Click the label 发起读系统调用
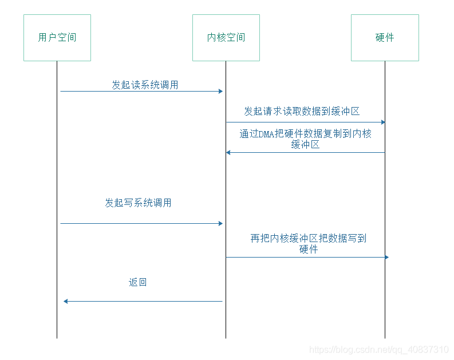[145, 85]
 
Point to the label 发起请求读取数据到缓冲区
[302, 111]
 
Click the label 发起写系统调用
[138, 203]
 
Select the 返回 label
[137, 282]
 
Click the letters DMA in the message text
[266, 134]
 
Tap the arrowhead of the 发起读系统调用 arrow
[220, 92]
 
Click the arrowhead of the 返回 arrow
[65, 301]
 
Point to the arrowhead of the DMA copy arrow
[228, 152]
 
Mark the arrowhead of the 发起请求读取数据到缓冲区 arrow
[383, 122]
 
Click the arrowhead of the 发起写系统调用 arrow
[220, 223]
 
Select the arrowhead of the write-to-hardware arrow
[387, 258]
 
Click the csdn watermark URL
[379, 350]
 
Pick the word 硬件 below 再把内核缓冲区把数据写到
[309, 249]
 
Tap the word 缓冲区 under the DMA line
[305, 144]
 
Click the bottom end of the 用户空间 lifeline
[57, 338]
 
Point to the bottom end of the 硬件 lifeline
[385, 338]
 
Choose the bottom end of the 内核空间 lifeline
[226, 338]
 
